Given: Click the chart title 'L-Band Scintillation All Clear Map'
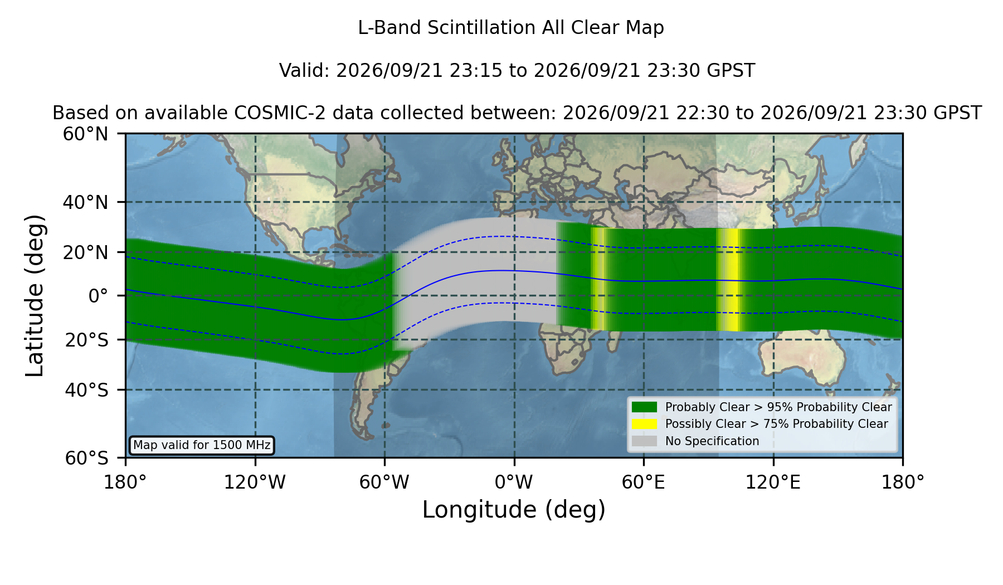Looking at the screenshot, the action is point(511,28).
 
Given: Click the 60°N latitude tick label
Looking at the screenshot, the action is point(85,134).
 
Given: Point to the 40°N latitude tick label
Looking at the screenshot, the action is point(85,202).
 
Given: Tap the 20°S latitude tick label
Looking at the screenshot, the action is point(86,339).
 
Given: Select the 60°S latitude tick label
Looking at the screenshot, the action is point(86,458).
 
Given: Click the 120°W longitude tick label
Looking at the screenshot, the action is point(255,482).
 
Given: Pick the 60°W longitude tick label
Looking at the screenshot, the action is point(384,482).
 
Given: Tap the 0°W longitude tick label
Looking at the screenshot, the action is point(514,482).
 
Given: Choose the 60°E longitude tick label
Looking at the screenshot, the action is point(644,482).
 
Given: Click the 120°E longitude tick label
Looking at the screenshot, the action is point(773,482).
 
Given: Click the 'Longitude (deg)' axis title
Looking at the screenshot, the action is point(514,510).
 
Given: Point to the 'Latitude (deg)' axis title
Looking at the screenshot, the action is point(35,295).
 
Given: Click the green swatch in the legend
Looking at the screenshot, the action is point(645,407).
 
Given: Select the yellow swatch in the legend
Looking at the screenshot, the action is point(645,424).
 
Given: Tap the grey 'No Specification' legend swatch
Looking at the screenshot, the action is point(645,441).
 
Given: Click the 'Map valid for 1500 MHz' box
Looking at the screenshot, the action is point(202,445).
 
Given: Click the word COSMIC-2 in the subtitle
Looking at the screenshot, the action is point(270,113).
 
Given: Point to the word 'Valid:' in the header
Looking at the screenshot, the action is point(305,71).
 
